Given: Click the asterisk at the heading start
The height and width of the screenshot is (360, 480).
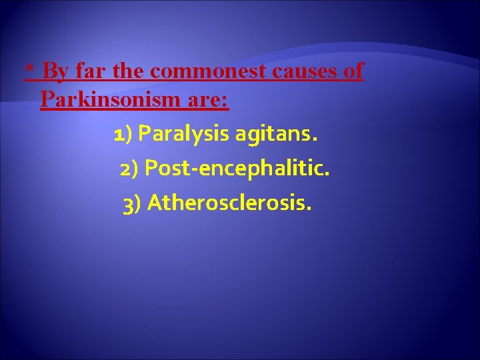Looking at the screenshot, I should click(x=29, y=69).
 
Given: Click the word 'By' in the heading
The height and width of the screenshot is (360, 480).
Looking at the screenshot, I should click(x=55, y=71).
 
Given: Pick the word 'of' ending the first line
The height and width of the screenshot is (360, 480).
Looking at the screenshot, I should click(x=353, y=71).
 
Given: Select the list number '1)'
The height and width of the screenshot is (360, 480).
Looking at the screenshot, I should click(x=123, y=135).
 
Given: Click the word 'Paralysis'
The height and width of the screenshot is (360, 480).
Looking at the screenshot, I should click(x=183, y=136).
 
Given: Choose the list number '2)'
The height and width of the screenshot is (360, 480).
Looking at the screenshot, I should click(x=129, y=169).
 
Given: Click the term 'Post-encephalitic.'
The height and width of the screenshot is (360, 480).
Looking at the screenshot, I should click(x=237, y=169).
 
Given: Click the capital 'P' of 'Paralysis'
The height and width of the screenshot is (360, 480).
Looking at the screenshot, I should click(x=144, y=135).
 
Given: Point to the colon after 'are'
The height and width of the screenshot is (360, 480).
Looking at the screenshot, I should click(x=226, y=101).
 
